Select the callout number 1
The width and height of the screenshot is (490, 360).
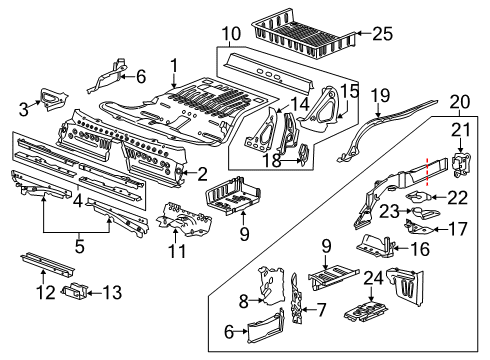pos(175,67)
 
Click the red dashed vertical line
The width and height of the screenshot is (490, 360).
pos(430,171)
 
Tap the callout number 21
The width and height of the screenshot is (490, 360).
pos(461,131)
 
